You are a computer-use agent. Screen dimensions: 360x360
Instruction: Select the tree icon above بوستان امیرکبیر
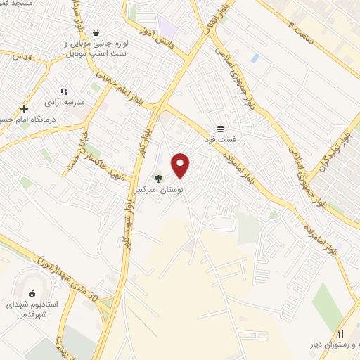pyautogui.click(x=158, y=179)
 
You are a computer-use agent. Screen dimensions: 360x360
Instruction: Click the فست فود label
pyautogui.click(x=221, y=139)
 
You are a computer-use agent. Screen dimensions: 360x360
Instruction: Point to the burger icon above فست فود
pyautogui.click(x=221, y=128)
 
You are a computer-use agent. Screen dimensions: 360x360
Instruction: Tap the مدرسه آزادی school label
pyautogui.click(x=64, y=103)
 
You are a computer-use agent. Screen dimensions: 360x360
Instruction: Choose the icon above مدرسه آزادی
pyautogui.click(x=64, y=91)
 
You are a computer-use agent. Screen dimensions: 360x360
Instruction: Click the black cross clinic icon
pyautogui.click(x=25, y=108)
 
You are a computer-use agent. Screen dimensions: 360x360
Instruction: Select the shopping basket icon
pyautogui.click(x=96, y=32)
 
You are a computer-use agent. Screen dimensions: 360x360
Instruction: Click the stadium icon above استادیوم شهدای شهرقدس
pyautogui.click(x=31, y=293)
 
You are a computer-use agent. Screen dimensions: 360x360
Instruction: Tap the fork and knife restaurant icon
pyautogui.click(x=341, y=333)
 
